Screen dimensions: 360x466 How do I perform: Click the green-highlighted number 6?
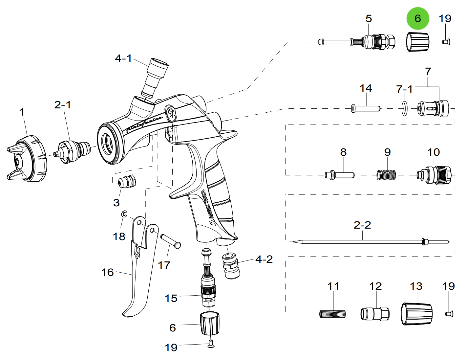[418, 18]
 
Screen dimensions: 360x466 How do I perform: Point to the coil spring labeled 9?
[386, 175]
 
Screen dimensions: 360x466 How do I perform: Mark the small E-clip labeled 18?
[124, 214]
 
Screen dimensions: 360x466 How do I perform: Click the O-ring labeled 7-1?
[404, 108]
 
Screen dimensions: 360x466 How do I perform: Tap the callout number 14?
[366, 88]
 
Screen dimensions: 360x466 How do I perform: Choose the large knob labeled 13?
[416, 314]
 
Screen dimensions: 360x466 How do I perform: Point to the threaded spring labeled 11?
[332, 314]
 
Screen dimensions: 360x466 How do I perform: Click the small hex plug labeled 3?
[127, 181]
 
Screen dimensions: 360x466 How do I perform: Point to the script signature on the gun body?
[144, 123]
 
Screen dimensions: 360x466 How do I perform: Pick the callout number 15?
[171, 298]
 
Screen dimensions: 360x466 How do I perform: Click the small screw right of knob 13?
[449, 314]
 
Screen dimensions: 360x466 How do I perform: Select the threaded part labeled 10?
[435, 175]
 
